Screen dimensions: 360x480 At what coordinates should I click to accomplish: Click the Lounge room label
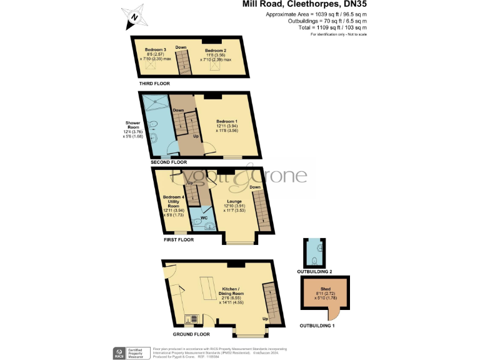[234, 201]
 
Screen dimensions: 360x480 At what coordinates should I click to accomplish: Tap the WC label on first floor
[204, 218]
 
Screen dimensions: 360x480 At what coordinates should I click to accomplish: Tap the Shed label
[325, 289]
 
